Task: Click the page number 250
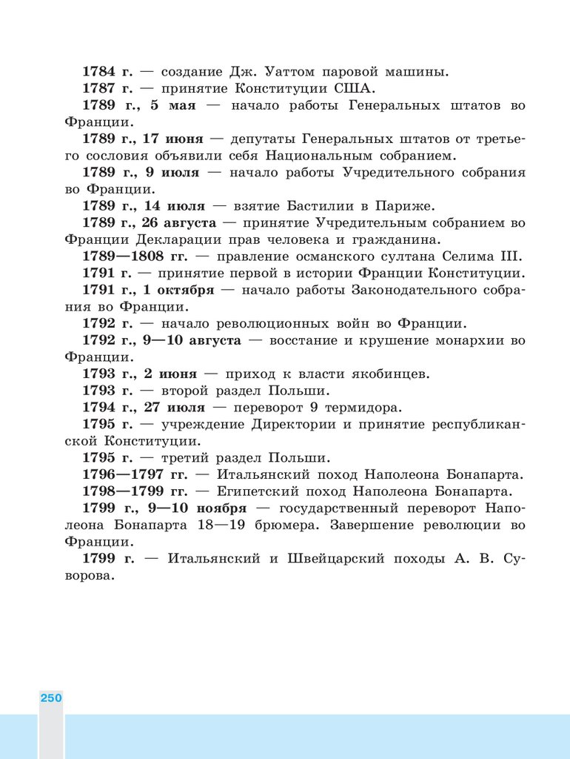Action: (x=50, y=698)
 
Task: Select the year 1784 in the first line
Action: (x=98, y=72)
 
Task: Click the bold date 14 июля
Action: (x=175, y=206)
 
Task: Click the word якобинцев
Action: (x=392, y=374)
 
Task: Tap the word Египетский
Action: (x=261, y=491)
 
